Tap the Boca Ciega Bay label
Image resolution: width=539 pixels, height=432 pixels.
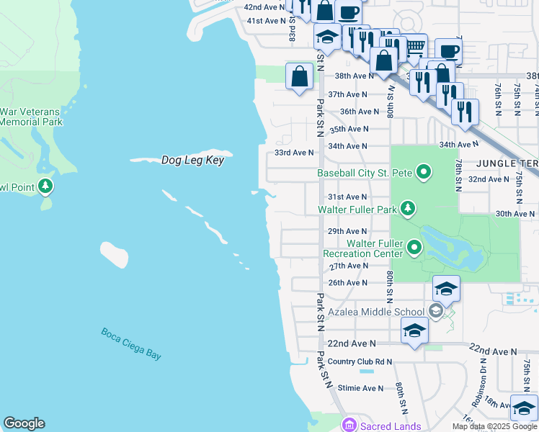131,343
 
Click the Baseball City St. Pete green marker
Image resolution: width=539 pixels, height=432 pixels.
424,173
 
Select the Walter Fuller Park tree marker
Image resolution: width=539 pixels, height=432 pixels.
408,210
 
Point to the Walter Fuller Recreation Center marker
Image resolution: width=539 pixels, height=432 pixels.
414,248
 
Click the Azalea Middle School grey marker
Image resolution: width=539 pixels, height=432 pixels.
435,312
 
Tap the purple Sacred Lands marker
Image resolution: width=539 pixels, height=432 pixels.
349,426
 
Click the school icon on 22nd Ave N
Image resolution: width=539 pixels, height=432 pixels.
414,330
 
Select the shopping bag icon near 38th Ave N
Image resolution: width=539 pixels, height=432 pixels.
299,75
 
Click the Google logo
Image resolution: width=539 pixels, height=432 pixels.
24,423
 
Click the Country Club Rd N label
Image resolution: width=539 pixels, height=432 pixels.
360,361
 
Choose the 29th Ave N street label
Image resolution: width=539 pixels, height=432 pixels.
347,231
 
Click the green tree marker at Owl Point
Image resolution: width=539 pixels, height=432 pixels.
46,187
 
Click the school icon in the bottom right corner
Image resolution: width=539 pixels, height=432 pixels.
524,407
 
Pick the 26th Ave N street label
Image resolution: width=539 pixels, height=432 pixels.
347,283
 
